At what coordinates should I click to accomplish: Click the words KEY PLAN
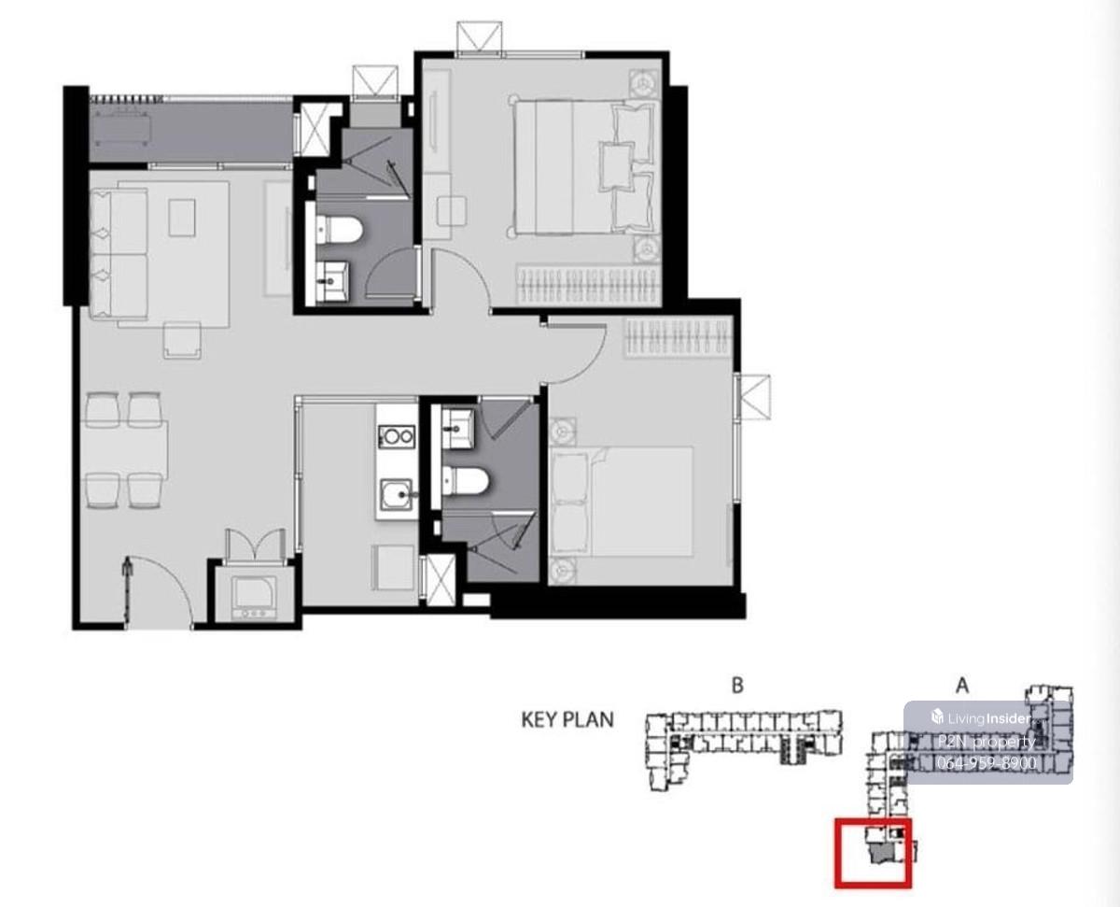(567, 720)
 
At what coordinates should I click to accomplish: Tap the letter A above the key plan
(961, 686)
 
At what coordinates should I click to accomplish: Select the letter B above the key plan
(737, 686)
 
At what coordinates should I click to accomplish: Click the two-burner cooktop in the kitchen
(397, 435)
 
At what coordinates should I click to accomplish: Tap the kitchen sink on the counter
(396, 494)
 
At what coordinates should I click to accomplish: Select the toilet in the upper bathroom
(340, 231)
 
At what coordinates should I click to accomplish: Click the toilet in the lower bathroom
(466, 481)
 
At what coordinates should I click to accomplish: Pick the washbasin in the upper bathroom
(334, 281)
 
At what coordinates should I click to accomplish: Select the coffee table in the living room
(182, 218)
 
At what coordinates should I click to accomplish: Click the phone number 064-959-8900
(987, 762)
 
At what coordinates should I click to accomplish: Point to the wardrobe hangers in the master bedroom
(589, 284)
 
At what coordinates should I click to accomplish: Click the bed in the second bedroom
(621, 502)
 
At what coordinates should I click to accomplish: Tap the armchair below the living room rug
(182, 340)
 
